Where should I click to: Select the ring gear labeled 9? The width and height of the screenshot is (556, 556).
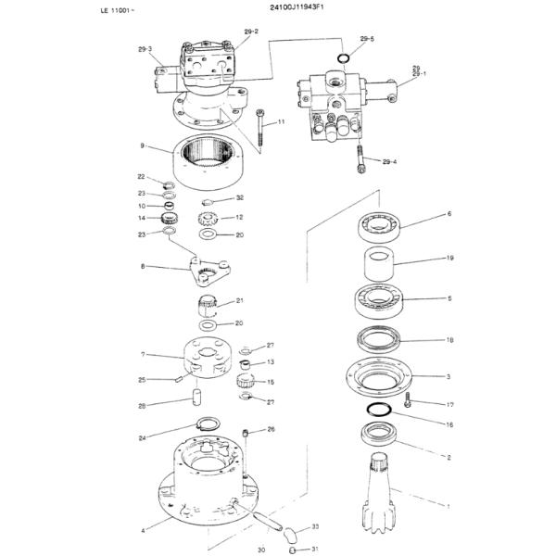click(214, 161)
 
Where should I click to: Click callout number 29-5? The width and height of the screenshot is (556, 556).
click(367, 39)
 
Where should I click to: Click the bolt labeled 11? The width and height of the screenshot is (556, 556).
click(260, 126)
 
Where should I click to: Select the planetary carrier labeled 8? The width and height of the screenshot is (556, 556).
click(208, 271)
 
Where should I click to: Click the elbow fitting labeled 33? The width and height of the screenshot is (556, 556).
click(290, 534)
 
